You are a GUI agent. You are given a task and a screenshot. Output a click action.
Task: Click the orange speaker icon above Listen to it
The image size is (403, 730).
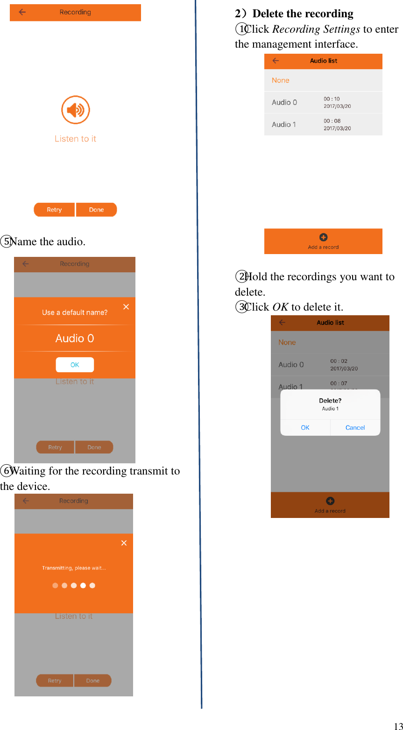tap(75, 110)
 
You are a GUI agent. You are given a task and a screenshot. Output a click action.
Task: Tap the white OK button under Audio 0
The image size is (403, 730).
tap(75, 365)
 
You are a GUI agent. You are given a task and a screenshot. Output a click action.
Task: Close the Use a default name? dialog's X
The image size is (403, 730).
tap(126, 307)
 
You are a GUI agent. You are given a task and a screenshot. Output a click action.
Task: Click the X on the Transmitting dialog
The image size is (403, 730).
tap(124, 543)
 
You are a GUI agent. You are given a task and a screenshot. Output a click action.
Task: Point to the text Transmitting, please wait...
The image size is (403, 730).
tap(74, 568)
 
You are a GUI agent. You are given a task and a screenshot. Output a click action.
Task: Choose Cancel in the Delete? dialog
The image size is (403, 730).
tap(355, 427)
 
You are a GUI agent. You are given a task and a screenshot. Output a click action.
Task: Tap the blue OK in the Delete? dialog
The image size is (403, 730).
tap(305, 427)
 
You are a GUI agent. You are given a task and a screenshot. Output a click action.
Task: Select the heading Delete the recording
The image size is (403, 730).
tap(303, 14)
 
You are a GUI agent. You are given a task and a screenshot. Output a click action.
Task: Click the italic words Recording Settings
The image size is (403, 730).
tap(316, 29)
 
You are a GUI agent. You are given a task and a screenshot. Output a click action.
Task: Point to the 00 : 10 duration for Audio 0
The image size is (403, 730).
tap(332, 99)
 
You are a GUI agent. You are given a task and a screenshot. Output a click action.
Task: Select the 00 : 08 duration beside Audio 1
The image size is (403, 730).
tap(332, 121)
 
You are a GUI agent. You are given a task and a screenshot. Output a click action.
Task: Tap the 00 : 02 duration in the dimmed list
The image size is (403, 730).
tap(339, 361)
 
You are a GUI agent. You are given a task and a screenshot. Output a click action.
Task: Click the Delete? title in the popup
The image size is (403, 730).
tap(330, 401)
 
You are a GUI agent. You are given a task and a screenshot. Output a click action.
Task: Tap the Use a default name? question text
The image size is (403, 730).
tap(75, 312)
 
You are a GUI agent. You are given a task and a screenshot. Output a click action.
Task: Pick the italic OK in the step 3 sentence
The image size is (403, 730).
tap(280, 307)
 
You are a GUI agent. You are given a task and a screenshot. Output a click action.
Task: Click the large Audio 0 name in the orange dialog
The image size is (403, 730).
tap(75, 338)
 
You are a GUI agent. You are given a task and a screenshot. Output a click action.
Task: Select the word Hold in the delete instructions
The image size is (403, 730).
tap(256, 276)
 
